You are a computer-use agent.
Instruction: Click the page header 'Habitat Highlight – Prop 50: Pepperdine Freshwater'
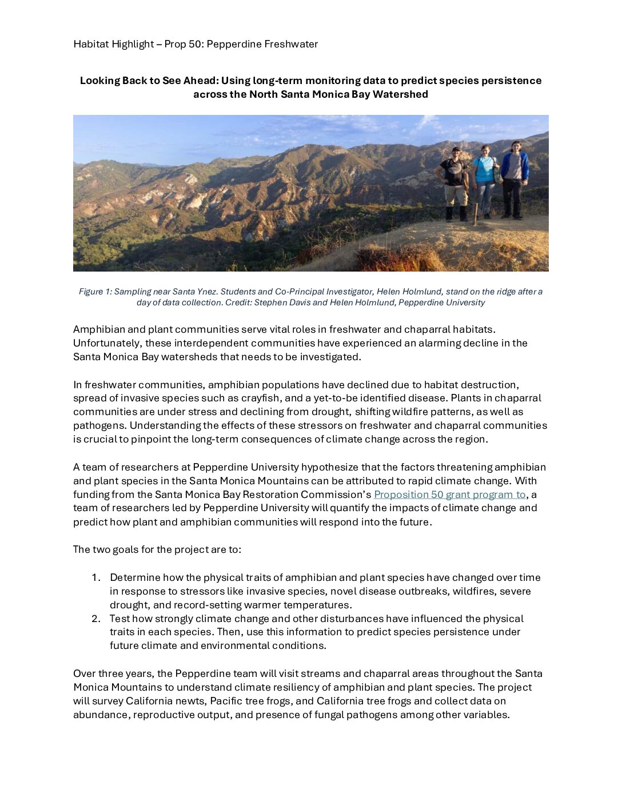tap(196, 44)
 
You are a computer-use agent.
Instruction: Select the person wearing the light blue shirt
tap(485, 180)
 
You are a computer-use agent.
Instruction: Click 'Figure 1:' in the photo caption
tap(95, 292)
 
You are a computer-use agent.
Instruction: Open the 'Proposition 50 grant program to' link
tap(449, 495)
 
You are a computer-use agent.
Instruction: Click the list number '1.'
tap(96, 577)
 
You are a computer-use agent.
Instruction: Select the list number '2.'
tap(96, 619)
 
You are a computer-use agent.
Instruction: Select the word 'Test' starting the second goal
tap(120, 619)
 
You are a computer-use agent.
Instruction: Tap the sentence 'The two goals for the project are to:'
tap(157, 549)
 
